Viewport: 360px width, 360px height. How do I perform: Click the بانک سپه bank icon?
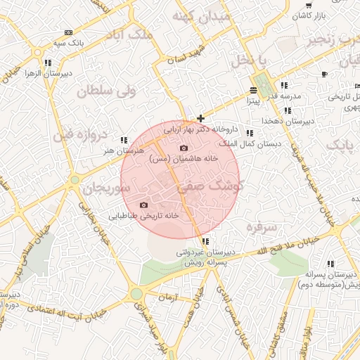click(x=68, y=32)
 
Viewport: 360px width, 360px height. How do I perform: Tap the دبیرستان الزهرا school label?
click(x=32, y=73)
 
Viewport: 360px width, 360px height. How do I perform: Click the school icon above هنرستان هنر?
click(x=124, y=140)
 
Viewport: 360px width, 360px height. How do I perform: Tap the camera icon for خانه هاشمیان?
click(x=184, y=148)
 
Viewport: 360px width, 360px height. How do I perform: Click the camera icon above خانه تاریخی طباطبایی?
click(x=143, y=205)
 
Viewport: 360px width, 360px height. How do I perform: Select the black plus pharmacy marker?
click(x=200, y=118)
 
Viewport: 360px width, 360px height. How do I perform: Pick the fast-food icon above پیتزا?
click(x=252, y=91)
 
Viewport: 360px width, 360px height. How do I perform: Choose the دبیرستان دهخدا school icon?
click(x=288, y=110)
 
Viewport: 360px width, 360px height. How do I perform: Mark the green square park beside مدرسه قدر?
click(x=264, y=84)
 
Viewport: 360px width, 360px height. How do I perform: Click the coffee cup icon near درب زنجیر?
click(x=324, y=74)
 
